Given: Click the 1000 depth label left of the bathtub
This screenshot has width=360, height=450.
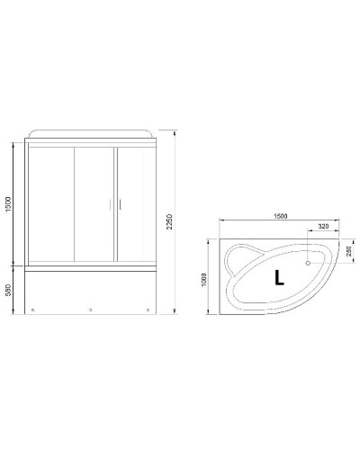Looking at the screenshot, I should (206, 279).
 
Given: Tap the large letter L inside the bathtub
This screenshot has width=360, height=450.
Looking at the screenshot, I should (279, 279).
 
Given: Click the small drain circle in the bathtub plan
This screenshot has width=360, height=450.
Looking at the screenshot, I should (309, 264).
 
